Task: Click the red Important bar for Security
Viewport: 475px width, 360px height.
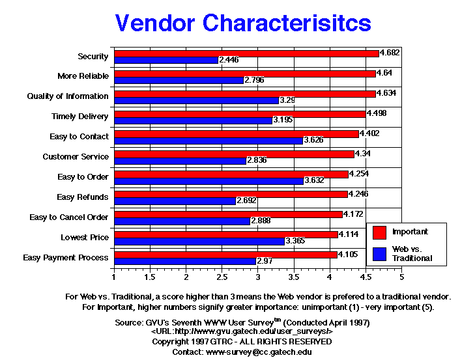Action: point(246,53)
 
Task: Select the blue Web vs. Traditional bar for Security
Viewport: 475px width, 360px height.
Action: point(166,60)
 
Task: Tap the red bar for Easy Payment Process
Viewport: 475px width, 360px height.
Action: point(225,254)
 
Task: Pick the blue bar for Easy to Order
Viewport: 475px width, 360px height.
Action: point(209,180)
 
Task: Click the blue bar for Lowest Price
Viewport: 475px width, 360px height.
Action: point(199,241)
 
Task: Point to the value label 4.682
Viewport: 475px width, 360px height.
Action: point(390,53)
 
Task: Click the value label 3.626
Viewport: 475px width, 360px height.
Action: point(315,141)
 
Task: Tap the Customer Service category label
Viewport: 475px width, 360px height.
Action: point(76,157)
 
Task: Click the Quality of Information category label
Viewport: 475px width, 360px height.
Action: point(68,96)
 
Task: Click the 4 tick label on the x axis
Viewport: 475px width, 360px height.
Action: point(330,277)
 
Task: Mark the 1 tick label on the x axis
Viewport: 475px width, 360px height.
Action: point(114,277)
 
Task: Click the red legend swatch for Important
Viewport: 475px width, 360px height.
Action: point(381,231)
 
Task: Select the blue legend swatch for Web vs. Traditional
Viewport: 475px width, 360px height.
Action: point(381,253)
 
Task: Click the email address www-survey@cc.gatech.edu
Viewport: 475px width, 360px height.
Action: point(259,352)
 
